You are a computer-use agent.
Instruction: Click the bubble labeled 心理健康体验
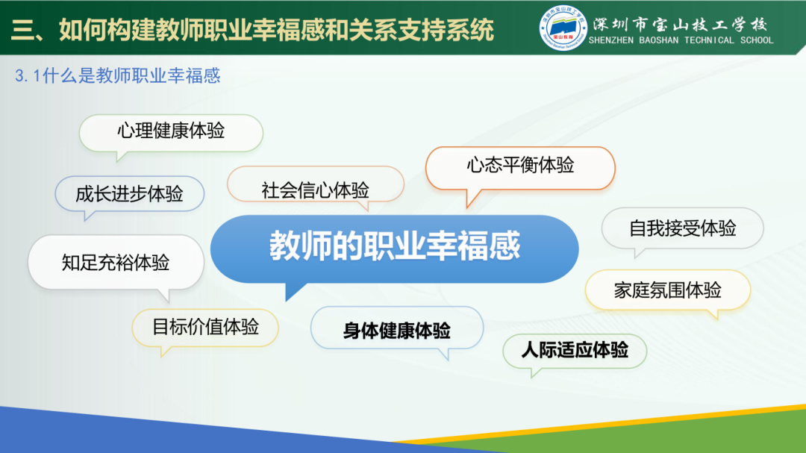[x=171, y=131]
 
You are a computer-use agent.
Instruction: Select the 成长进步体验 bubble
[x=129, y=194]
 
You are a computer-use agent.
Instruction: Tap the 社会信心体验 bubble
[x=315, y=190]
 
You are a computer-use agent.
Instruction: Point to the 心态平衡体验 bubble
[x=520, y=166]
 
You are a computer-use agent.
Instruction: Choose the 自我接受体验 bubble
[x=682, y=228]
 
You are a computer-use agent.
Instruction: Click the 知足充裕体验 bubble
[x=116, y=262]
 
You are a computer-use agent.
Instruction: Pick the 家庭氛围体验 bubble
[x=667, y=290]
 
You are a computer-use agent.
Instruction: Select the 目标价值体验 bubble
[x=205, y=327]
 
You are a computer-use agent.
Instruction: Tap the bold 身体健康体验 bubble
[x=396, y=331]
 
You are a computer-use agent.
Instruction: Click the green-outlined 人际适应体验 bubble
[x=574, y=350]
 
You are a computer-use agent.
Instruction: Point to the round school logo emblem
[x=563, y=30]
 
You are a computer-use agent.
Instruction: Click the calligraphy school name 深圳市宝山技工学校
[x=680, y=22]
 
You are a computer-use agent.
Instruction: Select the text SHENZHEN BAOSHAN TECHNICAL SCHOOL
[x=681, y=41]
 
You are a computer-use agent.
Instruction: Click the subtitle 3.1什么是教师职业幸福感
[x=117, y=76]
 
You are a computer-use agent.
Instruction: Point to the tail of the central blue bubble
[x=292, y=292]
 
